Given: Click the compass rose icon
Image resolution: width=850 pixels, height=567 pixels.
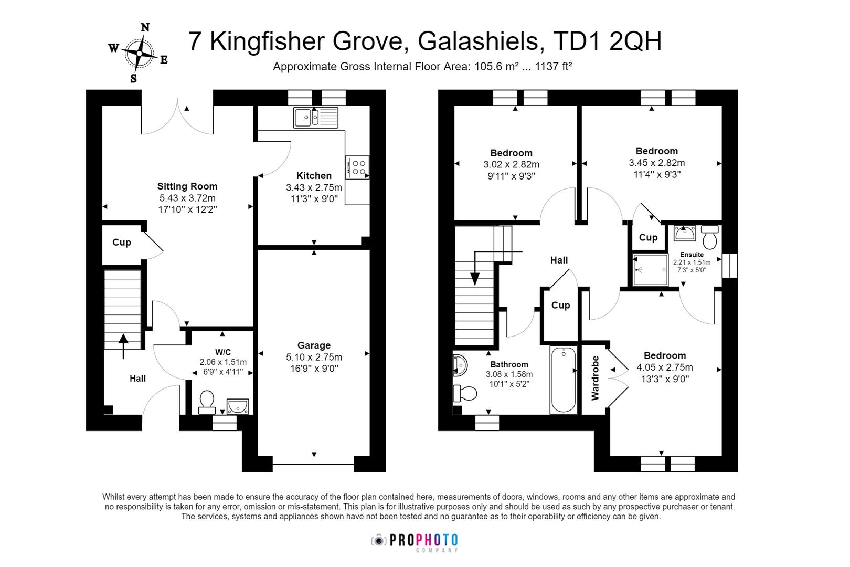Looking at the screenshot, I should [139, 52].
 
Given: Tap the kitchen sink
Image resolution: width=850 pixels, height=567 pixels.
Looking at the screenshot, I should [315, 117].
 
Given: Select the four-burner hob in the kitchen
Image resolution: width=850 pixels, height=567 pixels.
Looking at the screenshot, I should [357, 167].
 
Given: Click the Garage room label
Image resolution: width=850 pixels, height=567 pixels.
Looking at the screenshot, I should [314, 345].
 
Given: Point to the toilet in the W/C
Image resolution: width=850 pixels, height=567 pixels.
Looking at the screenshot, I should [207, 401].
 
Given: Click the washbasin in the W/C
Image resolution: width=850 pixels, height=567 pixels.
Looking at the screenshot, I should [238, 406].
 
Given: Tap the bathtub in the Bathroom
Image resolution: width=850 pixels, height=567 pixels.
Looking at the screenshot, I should [564, 380].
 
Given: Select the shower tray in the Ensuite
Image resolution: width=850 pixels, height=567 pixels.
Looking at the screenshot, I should [650, 270].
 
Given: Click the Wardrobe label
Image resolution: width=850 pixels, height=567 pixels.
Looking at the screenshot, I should [595, 378].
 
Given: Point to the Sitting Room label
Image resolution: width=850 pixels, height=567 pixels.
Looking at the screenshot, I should [187, 186].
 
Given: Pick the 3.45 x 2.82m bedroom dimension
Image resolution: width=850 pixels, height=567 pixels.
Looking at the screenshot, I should [656, 163].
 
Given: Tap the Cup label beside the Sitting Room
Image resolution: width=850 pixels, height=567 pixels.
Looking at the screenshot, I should [122, 242].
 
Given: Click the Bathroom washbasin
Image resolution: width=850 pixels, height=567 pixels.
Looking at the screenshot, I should [460, 365].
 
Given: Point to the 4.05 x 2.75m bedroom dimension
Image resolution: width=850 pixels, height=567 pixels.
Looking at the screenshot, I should [664, 367].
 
